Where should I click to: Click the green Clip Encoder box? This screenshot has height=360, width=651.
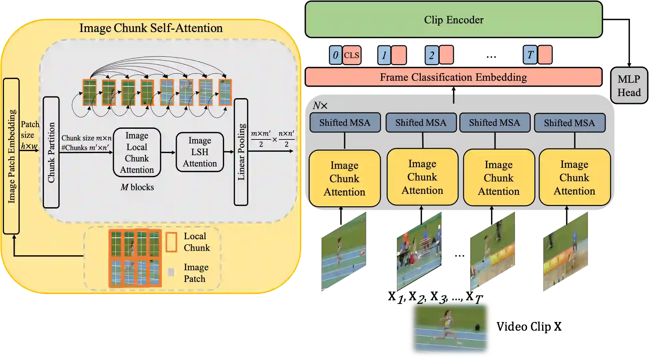(454, 20)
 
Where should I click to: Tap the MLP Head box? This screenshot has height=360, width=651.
(629, 85)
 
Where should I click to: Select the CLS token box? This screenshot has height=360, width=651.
(352, 55)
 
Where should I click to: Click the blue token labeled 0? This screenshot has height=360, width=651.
(336, 55)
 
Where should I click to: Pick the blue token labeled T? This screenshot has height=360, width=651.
(530, 55)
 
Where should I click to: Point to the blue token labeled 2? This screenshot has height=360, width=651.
(432, 55)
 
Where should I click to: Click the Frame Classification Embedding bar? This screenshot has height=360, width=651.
(454, 77)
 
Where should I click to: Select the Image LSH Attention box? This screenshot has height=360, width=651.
(199, 152)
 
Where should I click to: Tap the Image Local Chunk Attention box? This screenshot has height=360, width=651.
(137, 152)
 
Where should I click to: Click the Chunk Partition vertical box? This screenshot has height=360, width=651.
(51, 152)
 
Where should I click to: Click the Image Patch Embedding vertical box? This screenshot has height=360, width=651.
(11, 156)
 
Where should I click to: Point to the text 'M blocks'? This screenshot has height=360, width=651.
(137, 187)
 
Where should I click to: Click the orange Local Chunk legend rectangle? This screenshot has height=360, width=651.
(171, 242)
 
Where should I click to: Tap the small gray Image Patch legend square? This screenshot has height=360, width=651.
(171, 272)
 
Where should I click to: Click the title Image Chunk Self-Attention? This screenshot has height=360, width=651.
(151, 28)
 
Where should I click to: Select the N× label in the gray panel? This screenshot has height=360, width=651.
(320, 106)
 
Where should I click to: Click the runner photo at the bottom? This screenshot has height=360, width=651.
(451, 329)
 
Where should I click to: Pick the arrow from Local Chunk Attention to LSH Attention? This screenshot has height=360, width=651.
(168, 152)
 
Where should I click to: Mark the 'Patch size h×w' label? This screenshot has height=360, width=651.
(30, 135)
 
